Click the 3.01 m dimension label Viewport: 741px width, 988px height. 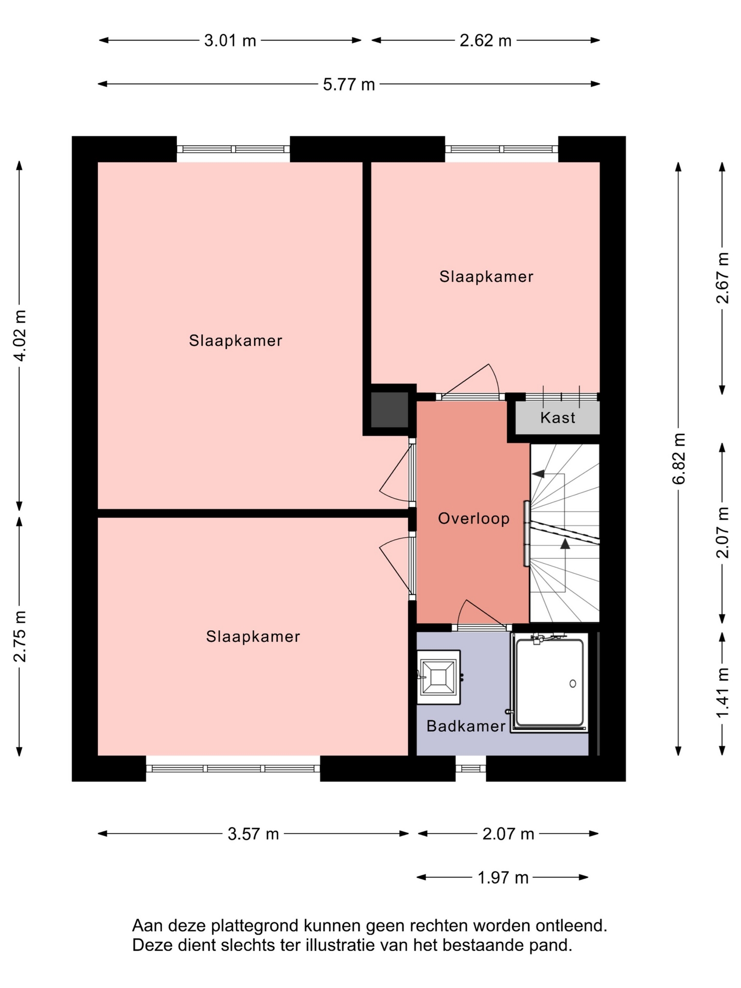[230, 41]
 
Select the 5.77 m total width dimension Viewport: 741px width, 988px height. [349, 84]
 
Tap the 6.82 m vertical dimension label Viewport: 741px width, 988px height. [679, 458]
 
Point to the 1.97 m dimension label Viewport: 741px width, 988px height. [503, 877]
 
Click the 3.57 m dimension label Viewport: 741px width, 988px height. [253, 834]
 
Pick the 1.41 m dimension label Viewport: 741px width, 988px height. [723, 692]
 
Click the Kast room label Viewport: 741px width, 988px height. [558, 417]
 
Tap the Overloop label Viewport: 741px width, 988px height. [474, 518]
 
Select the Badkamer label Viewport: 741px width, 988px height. [466, 726]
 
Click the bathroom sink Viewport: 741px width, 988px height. [438, 677]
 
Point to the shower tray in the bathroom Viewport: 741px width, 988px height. [550, 682]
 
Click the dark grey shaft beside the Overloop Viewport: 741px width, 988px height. [390, 410]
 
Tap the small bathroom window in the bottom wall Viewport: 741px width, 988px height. [471, 769]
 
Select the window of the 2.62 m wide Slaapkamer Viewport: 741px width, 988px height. [502, 149]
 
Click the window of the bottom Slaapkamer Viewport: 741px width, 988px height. [233, 769]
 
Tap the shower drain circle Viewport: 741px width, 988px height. [573, 684]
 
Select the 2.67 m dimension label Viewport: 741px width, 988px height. [723, 278]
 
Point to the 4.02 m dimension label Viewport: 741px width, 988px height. [20, 336]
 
